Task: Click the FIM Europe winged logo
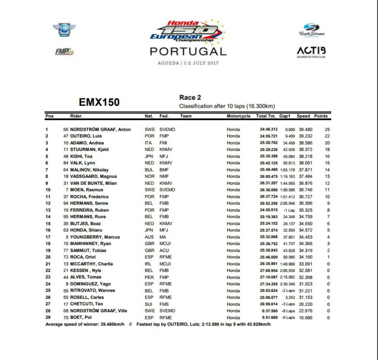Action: click(64, 31)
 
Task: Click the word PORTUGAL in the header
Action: click(188, 51)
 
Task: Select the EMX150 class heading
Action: click(99, 102)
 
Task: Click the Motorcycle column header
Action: click(239, 116)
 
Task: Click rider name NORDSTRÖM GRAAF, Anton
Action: click(100, 129)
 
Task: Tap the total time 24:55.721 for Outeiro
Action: click(267, 136)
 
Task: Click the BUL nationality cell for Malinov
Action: click(149, 170)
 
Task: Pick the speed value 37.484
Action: click(305, 176)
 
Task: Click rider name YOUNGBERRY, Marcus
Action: click(95, 237)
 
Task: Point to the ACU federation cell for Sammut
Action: click(164, 250)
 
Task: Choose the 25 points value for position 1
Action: click(327, 129)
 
